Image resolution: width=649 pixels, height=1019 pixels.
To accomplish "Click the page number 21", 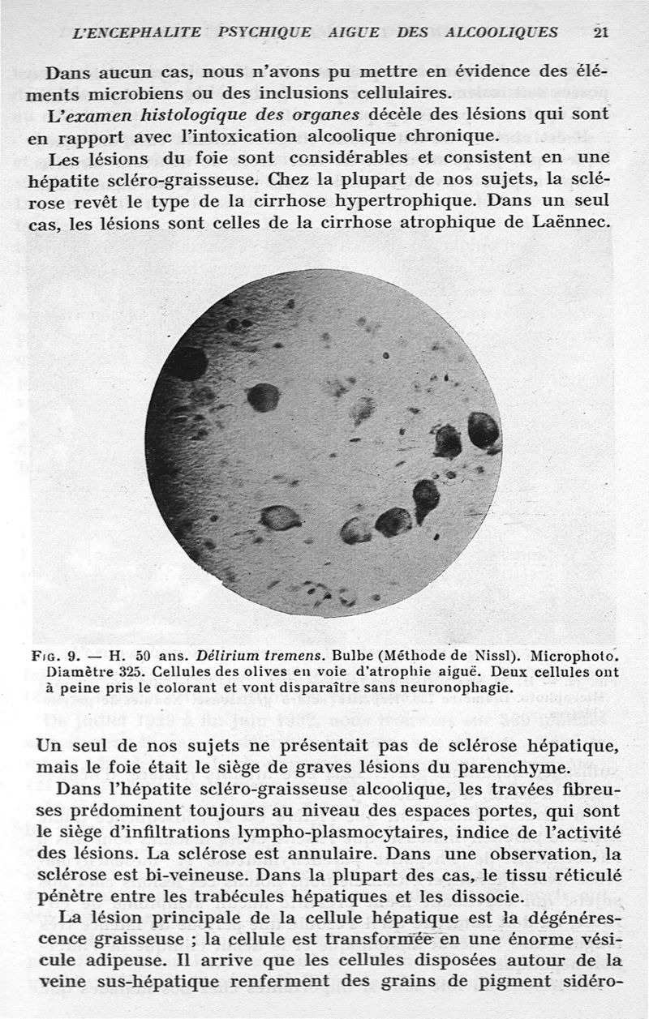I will point(600,32).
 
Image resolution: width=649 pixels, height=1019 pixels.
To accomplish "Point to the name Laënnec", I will point(575,222).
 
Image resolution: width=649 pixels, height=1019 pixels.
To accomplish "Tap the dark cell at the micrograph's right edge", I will point(484,430).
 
